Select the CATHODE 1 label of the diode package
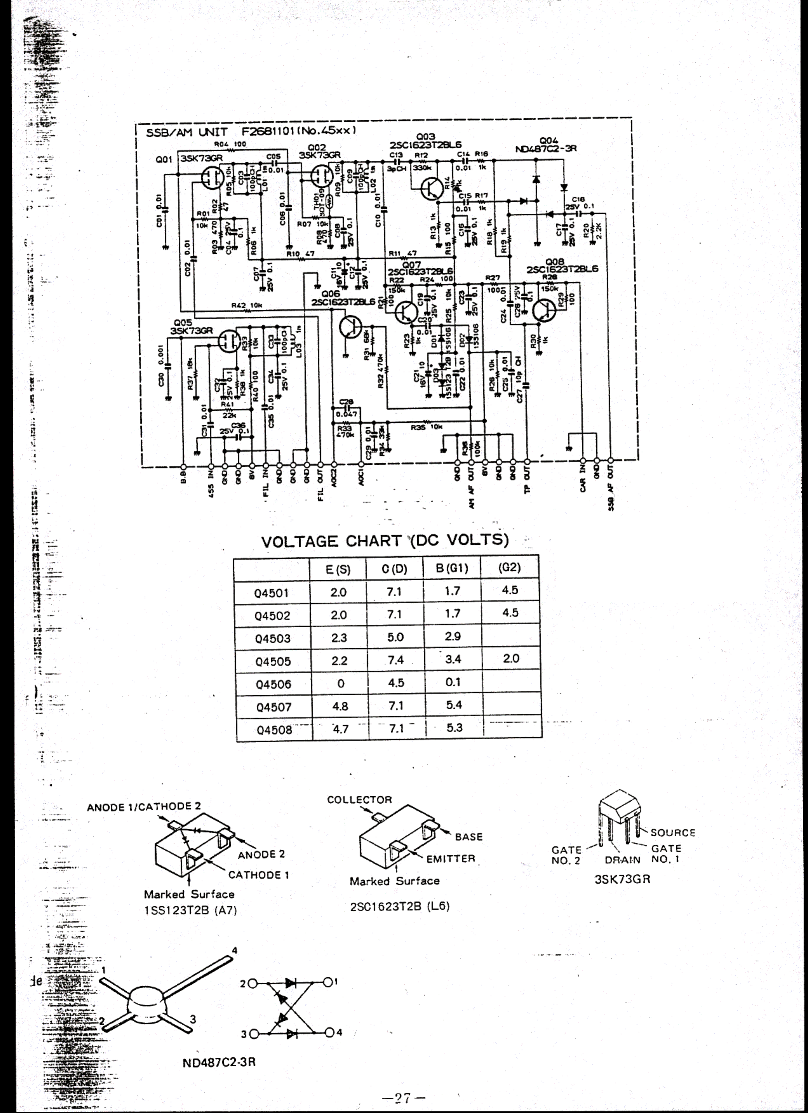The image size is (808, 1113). [x=258, y=874]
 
